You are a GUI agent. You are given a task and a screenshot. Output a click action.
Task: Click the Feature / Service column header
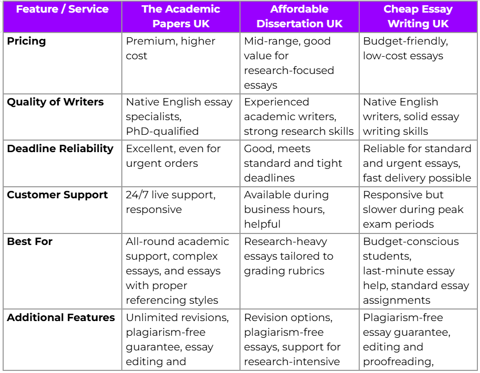(62, 9)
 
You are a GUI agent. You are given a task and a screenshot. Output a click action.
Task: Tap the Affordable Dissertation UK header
(299, 17)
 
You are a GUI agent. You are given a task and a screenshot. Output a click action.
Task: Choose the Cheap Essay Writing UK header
(418, 17)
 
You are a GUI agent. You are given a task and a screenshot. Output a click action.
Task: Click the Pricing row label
(26, 41)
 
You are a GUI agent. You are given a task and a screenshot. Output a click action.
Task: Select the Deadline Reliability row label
(60, 148)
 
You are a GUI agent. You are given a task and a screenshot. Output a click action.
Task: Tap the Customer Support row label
(57, 195)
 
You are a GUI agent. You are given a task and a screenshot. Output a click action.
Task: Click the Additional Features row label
(61, 317)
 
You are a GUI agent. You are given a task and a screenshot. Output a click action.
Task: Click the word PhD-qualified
(162, 131)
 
